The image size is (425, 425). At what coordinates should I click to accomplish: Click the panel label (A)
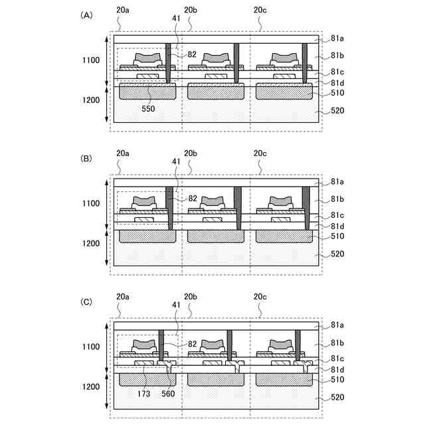(x=86, y=14)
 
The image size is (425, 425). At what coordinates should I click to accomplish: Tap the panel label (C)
(x=86, y=301)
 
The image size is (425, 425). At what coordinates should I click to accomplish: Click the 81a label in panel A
(x=337, y=39)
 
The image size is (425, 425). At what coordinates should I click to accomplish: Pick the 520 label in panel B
(x=337, y=254)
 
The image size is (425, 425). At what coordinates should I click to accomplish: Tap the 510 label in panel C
(x=337, y=380)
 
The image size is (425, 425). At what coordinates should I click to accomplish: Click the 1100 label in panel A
(x=89, y=60)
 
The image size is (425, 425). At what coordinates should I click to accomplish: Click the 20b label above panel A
(x=191, y=10)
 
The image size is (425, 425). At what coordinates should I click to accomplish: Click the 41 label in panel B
(x=176, y=161)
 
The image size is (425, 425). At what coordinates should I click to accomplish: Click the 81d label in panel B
(x=337, y=226)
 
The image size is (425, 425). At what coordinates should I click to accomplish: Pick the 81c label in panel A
(x=337, y=72)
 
